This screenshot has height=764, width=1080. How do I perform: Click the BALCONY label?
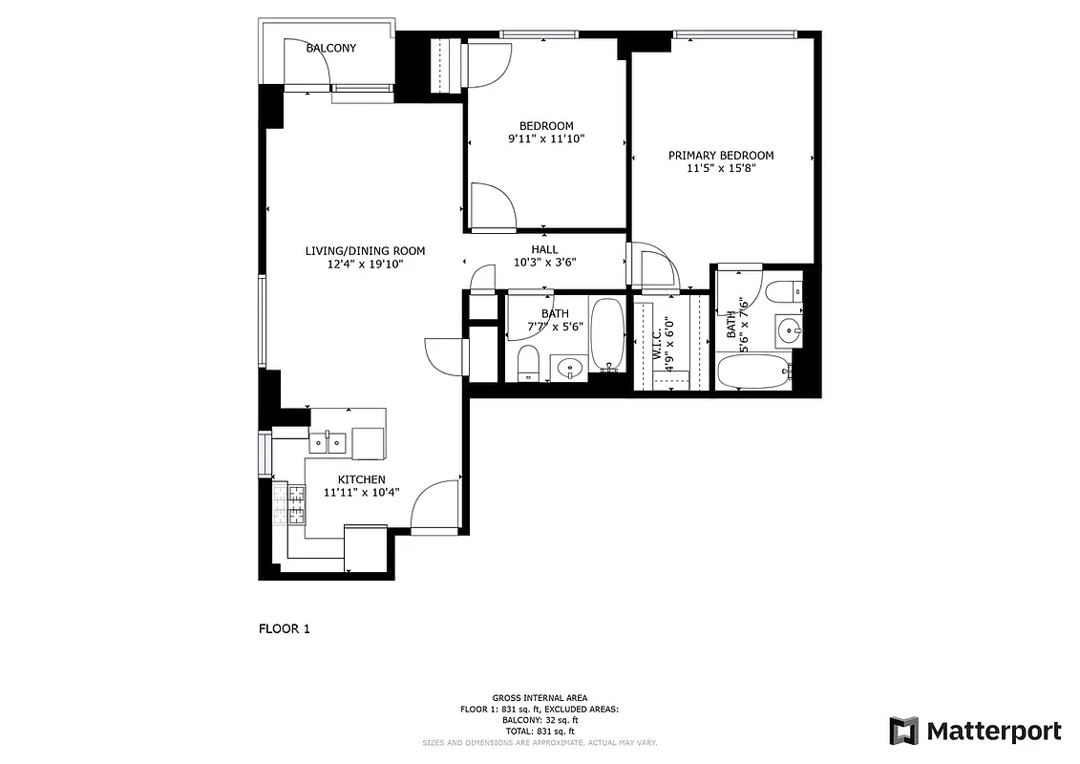pos(330,48)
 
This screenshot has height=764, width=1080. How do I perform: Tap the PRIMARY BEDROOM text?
pos(720,156)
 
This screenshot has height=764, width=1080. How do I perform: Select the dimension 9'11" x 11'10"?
pos(545,139)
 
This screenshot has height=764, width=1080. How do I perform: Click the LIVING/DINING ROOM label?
pos(365,251)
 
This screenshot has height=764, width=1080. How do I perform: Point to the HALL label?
pos(544,249)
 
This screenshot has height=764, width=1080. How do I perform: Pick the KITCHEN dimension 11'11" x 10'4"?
pos(361,493)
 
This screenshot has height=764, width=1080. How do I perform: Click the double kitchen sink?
pos(328,441)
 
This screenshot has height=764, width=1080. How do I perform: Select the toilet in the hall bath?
pos(528,364)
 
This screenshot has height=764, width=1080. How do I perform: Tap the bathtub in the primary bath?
pos(752,372)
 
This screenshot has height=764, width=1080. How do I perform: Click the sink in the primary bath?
pos(790,331)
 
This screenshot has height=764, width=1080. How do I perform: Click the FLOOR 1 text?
pos(285,628)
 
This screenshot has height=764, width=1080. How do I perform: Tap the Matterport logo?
pos(975,732)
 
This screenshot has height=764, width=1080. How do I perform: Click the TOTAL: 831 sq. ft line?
pos(540,731)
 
